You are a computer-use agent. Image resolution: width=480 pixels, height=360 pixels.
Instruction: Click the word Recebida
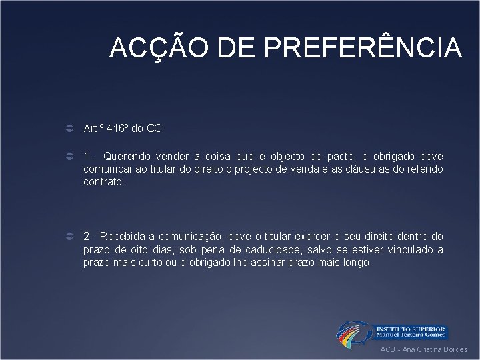(125, 236)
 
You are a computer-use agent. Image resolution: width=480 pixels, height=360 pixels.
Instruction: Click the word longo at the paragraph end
(358, 262)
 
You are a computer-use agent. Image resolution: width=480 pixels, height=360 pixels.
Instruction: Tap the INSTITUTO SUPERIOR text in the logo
(411, 329)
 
